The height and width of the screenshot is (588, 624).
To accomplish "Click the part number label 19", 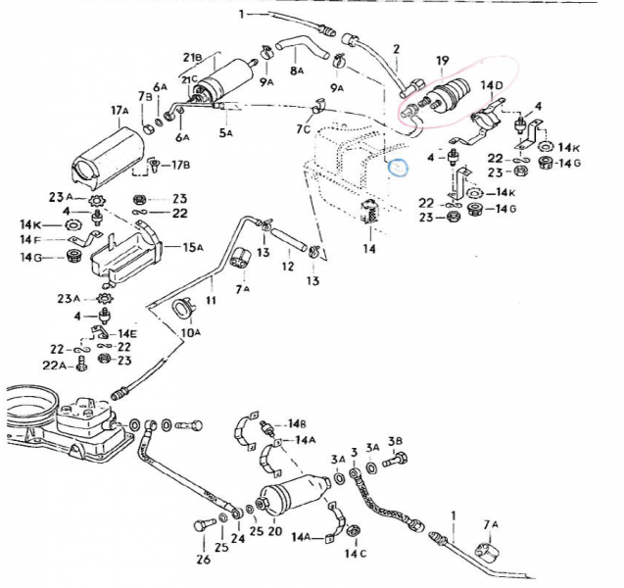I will (441, 62).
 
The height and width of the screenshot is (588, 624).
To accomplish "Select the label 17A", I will (120, 111).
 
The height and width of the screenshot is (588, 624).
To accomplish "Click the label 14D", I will (492, 86).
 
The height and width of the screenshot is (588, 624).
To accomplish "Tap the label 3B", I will (396, 440).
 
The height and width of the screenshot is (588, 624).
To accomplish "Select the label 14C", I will (356, 555).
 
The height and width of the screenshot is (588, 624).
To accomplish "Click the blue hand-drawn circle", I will (399, 167).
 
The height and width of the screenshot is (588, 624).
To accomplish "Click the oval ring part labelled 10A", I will (182, 312).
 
